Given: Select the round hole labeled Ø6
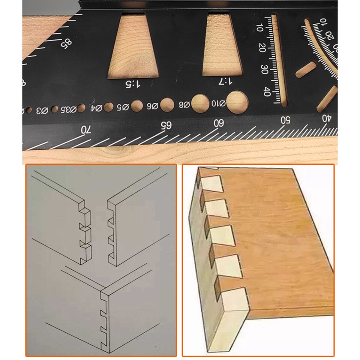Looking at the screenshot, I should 167,104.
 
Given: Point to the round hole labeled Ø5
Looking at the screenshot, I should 137,106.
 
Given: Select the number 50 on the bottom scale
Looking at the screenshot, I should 285,119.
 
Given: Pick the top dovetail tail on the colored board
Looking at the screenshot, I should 211,184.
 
